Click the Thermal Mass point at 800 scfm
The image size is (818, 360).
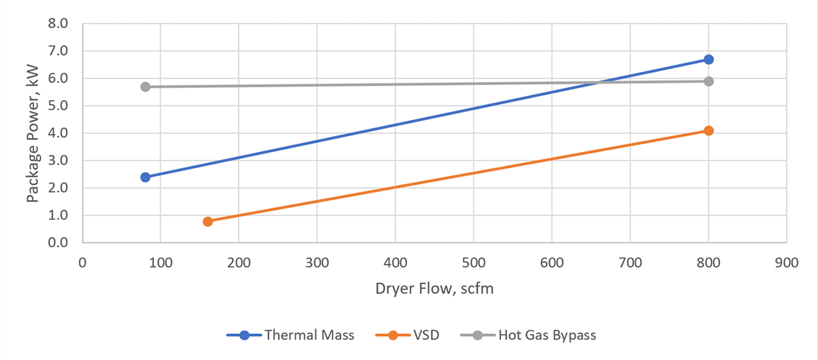pyautogui.click(x=708, y=59)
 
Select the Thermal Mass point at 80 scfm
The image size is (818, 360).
pyautogui.click(x=145, y=177)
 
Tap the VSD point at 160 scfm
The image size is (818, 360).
pyautogui.click(x=208, y=221)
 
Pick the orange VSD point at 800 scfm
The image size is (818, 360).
pyautogui.click(x=708, y=130)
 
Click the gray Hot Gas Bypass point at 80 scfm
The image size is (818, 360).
pyautogui.click(x=145, y=87)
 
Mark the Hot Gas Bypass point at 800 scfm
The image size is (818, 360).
pyautogui.click(x=708, y=81)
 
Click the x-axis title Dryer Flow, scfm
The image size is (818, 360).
pyautogui.click(x=434, y=288)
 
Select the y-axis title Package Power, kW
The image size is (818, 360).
pyautogui.click(x=33, y=133)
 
